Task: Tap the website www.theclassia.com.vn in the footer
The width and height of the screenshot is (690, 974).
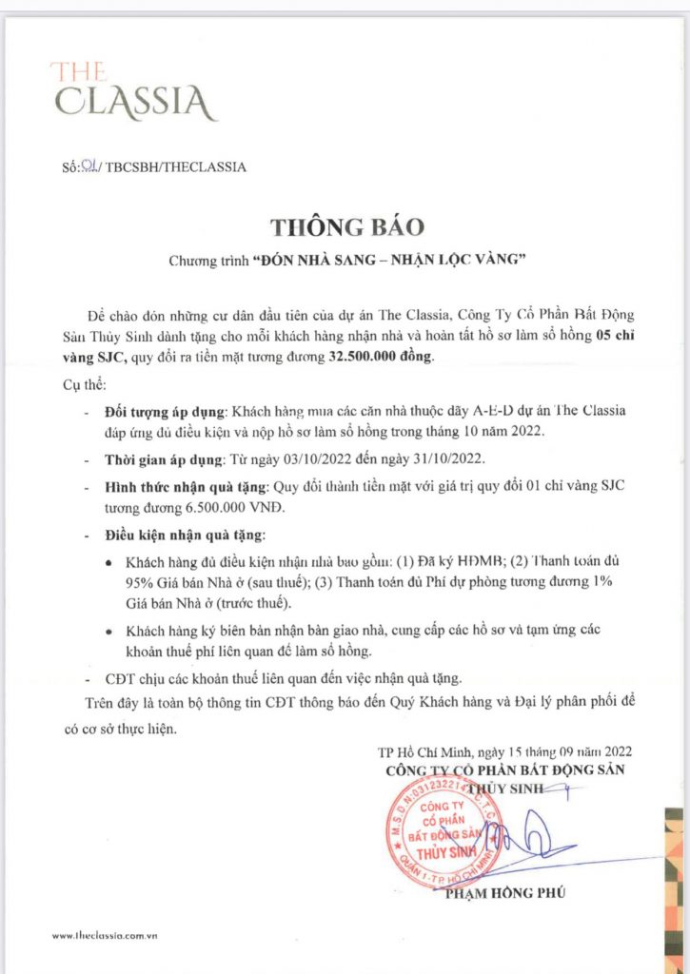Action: pyautogui.click(x=105, y=937)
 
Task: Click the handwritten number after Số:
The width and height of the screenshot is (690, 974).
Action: pyautogui.click(x=89, y=166)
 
